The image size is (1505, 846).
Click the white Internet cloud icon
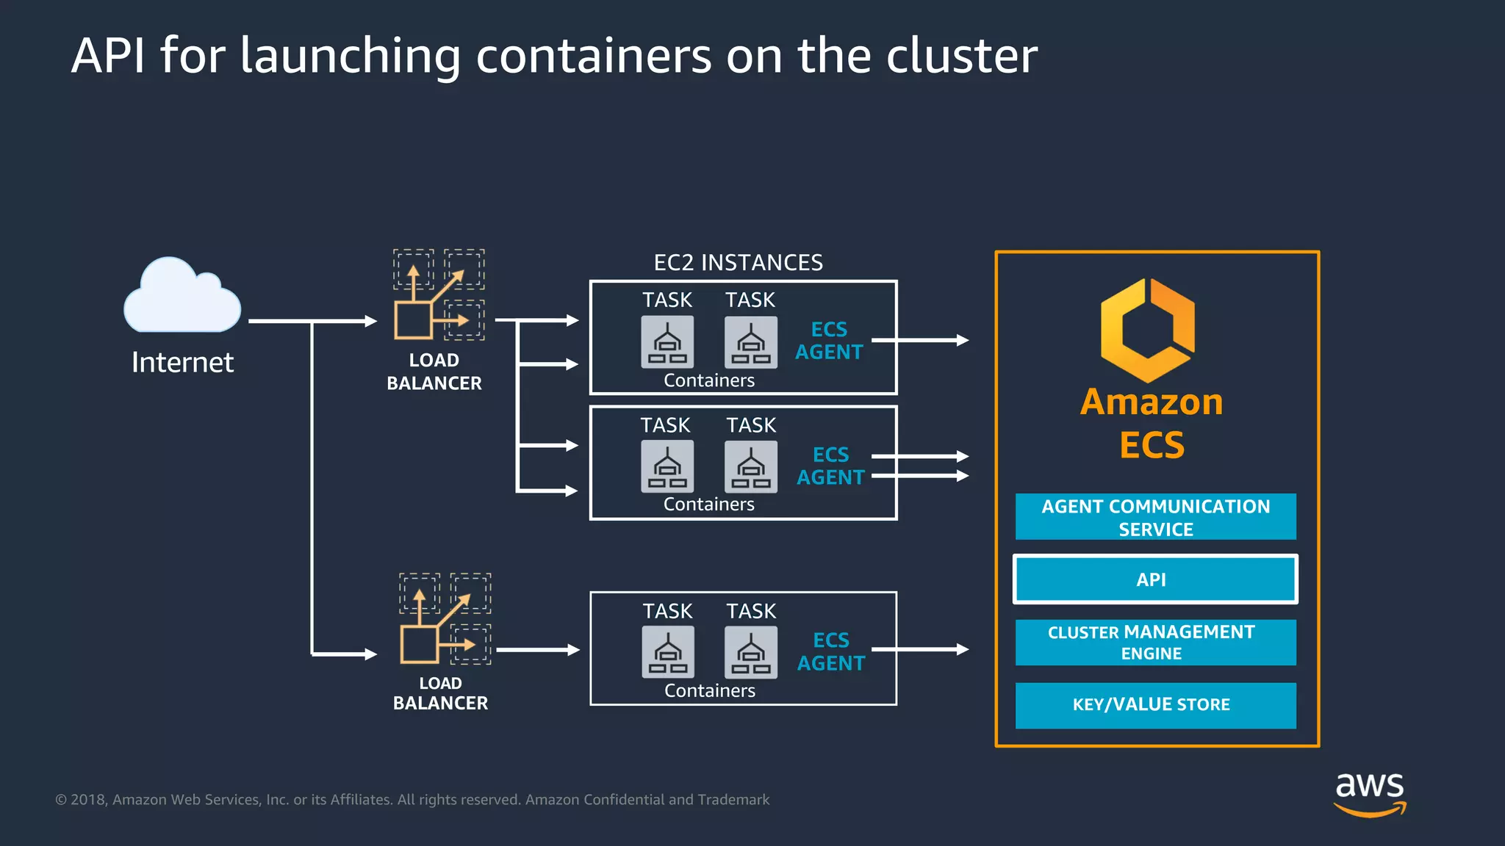coord(182,297)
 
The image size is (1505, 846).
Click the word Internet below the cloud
coord(182,362)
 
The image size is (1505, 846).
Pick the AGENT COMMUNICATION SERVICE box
coord(1154,517)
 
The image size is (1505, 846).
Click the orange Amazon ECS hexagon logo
coord(1147,330)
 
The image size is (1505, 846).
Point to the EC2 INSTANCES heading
coord(738,263)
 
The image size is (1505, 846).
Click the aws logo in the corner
coord(1369,794)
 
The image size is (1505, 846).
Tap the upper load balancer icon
coord(439,294)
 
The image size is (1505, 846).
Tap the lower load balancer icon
coord(445,618)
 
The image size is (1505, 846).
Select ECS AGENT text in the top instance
coord(829,341)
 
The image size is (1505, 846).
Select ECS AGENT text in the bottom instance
coord(831,651)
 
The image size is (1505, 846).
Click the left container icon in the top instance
coord(667,342)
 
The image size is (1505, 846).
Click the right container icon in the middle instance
coord(750,466)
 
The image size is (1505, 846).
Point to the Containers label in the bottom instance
coord(709,691)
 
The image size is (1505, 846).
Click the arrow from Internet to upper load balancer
coord(345,321)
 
